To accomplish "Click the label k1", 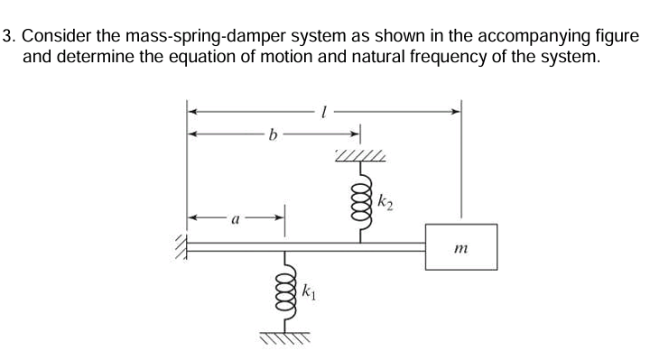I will [308, 292].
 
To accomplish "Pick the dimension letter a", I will [236, 217].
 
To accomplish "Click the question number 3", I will [8, 37].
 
